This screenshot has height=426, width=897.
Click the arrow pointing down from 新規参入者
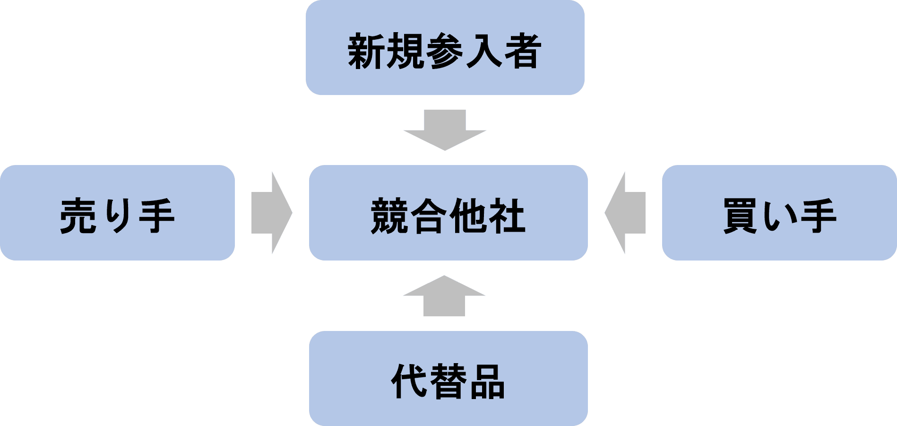tap(445, 130)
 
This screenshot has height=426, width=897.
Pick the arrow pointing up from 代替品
tap(444, 296)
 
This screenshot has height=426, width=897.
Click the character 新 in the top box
tap(367, 51)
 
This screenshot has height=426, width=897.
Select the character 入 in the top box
tap(484, 51)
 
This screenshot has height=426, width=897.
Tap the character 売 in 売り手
tap(79, 216)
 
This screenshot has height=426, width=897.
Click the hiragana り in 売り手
tap(118, 216)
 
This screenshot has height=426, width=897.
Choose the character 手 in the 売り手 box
tap(156, 216)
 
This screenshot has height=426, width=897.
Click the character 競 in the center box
tap(390, 216)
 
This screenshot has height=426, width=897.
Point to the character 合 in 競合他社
tap(429, 216)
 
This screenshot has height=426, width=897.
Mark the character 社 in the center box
tap(506, 216)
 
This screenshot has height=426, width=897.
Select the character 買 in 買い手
tap(742, 216)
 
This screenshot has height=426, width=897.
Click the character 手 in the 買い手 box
tap(818, 216)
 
